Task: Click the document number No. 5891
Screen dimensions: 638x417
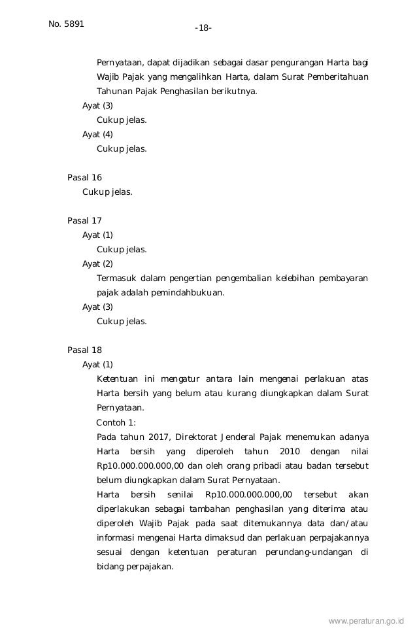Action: coord(62,24)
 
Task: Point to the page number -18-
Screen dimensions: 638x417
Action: coord(203,28)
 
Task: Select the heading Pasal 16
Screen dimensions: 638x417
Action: coord(85,178)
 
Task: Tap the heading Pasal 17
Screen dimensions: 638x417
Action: coord(85,221)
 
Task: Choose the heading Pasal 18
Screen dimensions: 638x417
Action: coord(85,350)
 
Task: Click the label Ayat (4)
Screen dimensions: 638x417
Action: coord(97,135)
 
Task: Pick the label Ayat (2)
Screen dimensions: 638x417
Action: coord(97,264)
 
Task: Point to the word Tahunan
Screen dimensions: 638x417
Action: coord(114,92)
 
